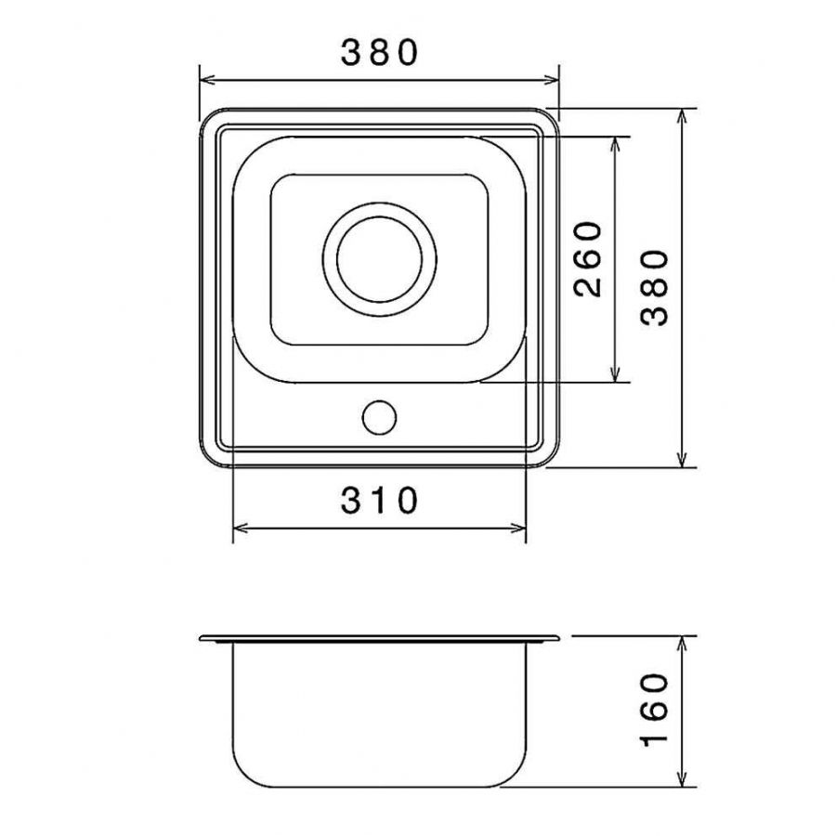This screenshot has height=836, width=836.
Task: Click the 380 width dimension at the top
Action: tap(380, 53)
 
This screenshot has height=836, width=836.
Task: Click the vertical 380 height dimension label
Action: tap(654, 288)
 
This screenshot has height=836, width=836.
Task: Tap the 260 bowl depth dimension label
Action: tap(588, 259)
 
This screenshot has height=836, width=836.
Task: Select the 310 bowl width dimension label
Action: tap(380, 500)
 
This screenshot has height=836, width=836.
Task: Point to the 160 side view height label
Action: tap(654, 711)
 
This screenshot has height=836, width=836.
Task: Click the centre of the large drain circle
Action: tap(380, 260)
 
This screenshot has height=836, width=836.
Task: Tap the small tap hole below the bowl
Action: tap(379, 417)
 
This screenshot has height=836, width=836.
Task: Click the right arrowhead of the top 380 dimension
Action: tap(551, 81)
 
